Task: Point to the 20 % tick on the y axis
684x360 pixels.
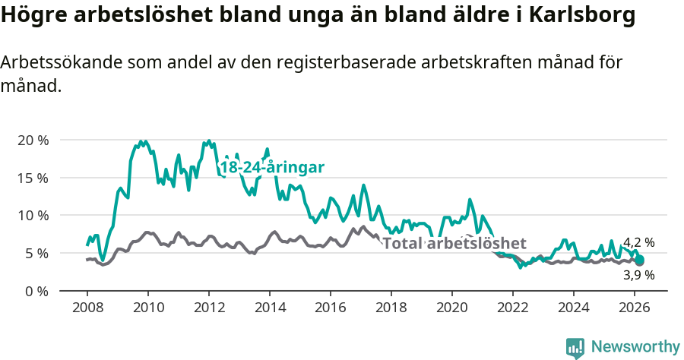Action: click(x=33, y=141)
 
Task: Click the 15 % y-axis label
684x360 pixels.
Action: click(x=33, y=178)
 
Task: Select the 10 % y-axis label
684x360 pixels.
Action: click(x=33, y=216)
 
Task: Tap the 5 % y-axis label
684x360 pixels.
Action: click(x=36, y=253)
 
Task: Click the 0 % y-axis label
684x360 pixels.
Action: click(x=36, y=291)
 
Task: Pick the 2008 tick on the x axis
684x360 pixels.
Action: click(x=87, y=308)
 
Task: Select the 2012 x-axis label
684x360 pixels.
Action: click(x=208, y=308)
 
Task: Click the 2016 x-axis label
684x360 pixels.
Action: click(x=330, y=308)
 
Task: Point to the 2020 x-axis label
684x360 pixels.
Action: click(x=451, y=308)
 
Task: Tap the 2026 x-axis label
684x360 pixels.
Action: click(x=634, y=308)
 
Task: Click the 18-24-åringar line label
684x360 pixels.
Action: click(x=272, y=167)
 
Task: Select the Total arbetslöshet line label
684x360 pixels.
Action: click(x=454, y=243)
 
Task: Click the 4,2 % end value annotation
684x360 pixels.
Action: click(x=638, y=243)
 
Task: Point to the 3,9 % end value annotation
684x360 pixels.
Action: click(x=638, y=275)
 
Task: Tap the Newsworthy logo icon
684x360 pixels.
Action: click(x=575, y=347)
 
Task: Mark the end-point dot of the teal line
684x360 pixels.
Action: click(x=640, y=260)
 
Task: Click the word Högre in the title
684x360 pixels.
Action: click(x=31, y=15)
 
